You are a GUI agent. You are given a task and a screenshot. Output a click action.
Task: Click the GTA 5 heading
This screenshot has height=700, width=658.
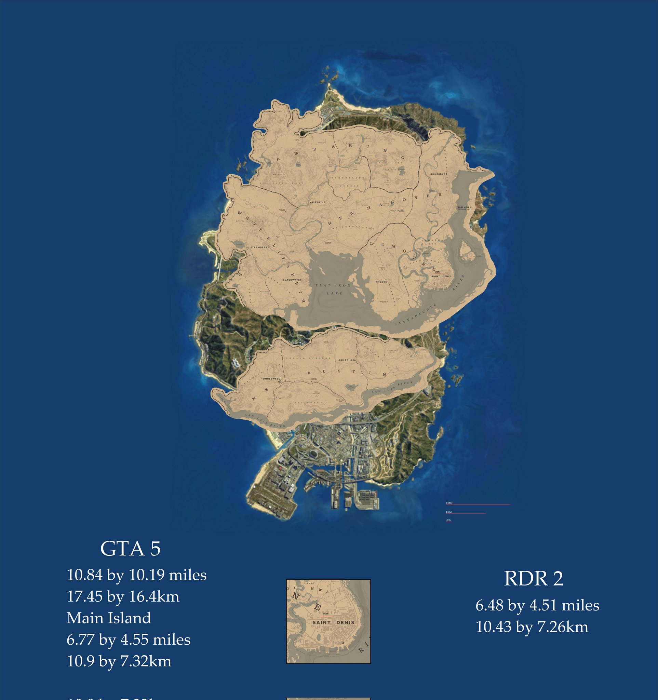pyautogui.click(x=130, y=549)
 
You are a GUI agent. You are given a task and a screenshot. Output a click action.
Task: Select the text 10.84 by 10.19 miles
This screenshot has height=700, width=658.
pyautogui.click(x=137, y=575)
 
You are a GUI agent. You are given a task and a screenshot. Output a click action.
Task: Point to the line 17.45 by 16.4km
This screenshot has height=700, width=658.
pyautogui.click(x=123, y=597)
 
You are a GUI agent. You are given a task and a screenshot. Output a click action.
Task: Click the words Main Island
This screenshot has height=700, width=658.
pyautogui.click(x=109, y=618)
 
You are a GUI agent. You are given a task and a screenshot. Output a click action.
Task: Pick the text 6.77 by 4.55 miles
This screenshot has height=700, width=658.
pyautogui.click(x=129, y=640)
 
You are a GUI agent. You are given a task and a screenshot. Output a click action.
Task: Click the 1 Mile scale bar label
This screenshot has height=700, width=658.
pyautogui.click(x=449, y=503)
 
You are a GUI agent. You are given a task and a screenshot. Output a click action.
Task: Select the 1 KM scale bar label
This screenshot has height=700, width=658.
pyautogui.click(x=448, y=512)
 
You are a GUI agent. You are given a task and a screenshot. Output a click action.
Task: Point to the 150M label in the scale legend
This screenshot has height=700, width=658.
pyautogui.click(x=448, y=520)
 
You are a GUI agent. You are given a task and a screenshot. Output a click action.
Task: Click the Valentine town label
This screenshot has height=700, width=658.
pyautogui.click(x=317, y=202)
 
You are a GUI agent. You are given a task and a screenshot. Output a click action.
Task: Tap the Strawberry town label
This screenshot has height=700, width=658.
pyautogui.click(x=259, y=247)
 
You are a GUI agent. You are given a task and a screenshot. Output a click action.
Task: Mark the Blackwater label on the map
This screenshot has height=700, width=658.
pyautogui.click(x=292, y=280)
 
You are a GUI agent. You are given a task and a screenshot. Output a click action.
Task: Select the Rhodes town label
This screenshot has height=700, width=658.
pyautogui.click(x=381, y=282)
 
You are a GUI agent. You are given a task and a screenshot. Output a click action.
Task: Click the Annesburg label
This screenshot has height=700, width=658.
pyautogui.click(x=439, y=174)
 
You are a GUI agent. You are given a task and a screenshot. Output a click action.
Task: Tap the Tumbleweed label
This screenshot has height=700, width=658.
pyautogui.click(x=271, y=379)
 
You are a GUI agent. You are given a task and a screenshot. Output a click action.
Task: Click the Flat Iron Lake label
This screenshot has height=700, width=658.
pyautogui.click(x=333, y=289)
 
